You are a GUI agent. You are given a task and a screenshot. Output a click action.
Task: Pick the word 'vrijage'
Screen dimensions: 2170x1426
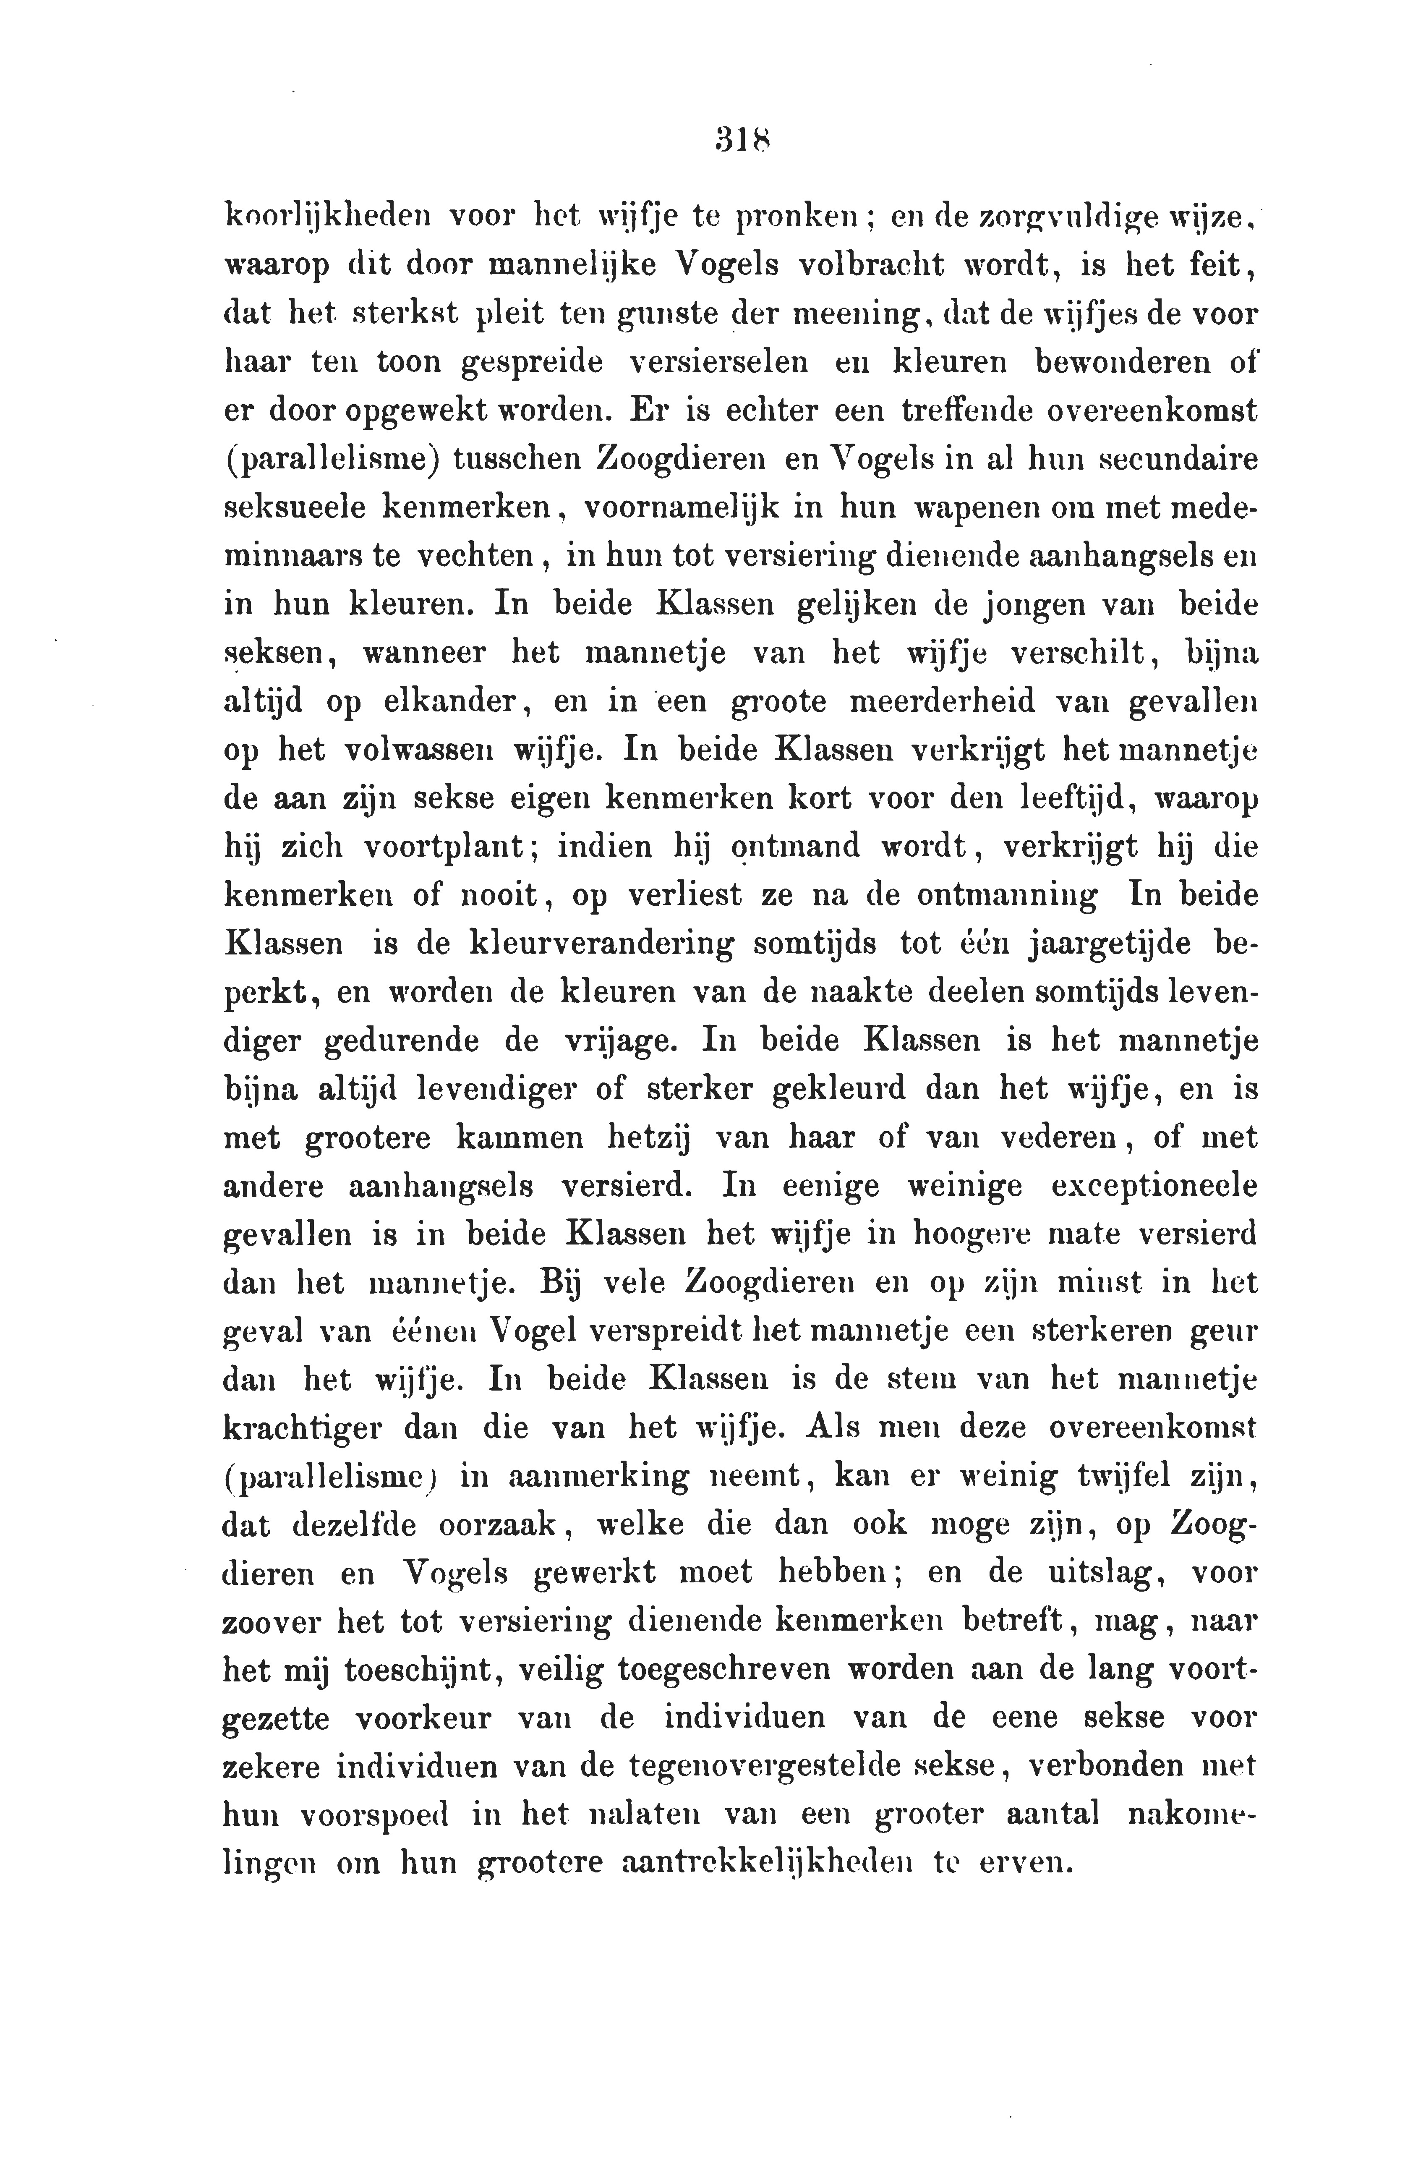[x=599, y=1041]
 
